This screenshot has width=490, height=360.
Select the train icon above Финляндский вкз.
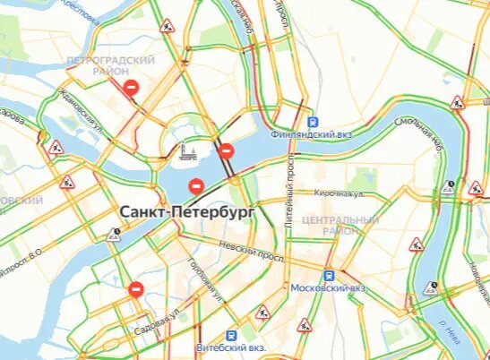[313, 122]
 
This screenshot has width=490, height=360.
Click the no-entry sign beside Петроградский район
[132, 88]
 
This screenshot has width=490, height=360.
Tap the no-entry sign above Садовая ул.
[135, 289]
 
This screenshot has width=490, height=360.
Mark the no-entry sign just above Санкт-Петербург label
[196, 186]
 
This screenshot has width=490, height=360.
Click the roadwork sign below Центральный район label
[416, 244]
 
